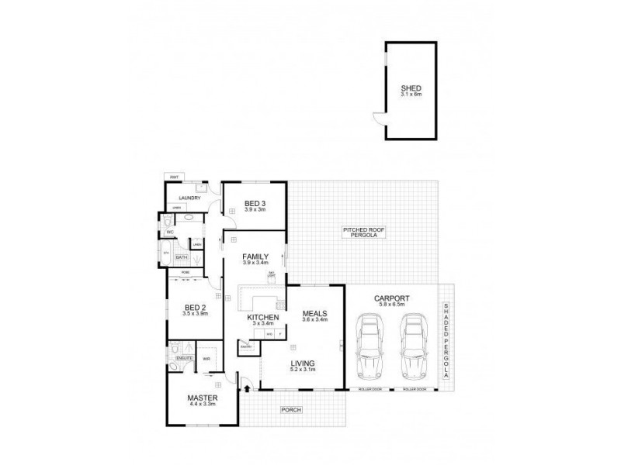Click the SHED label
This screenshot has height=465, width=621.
coord(411,88)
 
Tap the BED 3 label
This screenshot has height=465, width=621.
coord(255,203)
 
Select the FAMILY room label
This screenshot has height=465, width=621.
coord(255,257)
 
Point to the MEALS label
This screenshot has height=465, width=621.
coord(314,313)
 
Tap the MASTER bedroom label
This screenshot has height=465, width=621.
coord(201,398)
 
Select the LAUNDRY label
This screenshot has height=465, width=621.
coord(190,198)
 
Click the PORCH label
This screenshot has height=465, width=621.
coord(292,409)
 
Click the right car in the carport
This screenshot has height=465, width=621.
coord(413,345)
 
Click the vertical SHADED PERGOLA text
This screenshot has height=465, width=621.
coord(446,341)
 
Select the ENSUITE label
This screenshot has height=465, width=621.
coord(184,359)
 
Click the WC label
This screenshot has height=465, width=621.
coord(169,232)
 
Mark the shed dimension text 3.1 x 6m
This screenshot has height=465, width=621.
coord(411,95)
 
